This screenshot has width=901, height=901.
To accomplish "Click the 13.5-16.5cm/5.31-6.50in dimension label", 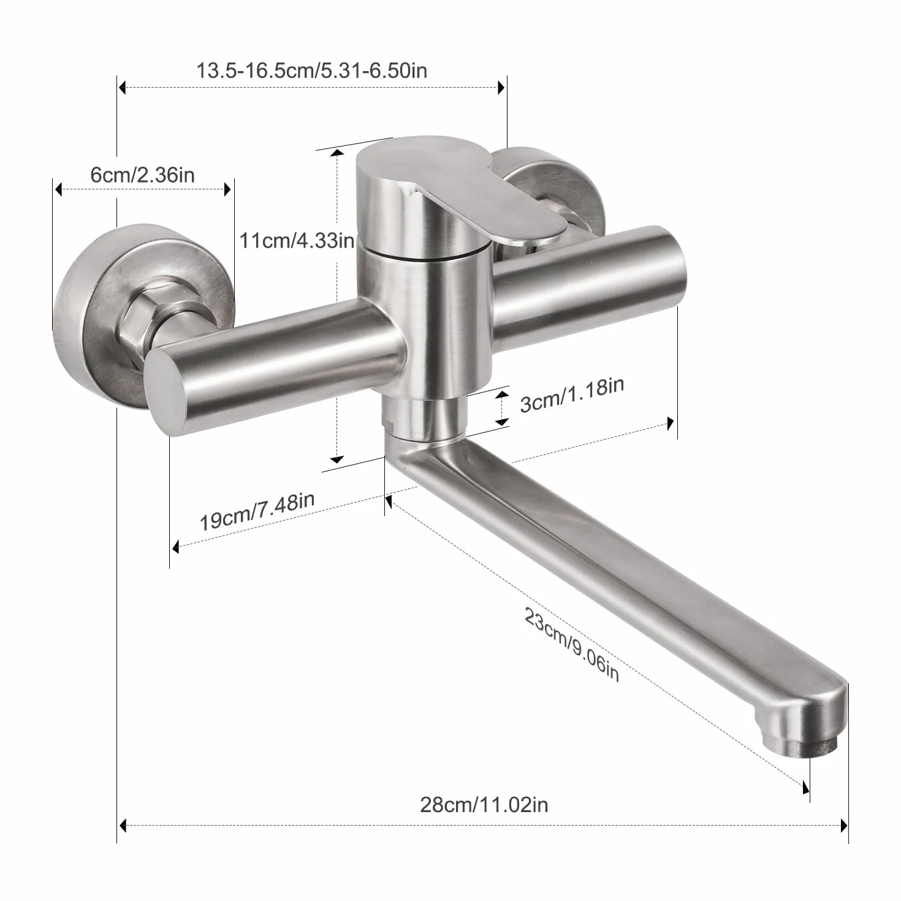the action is click(x=311, y=70).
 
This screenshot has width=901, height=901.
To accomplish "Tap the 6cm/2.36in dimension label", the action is click(x=142, y=175).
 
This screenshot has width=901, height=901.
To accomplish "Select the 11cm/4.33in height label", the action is click(x=297, y=240).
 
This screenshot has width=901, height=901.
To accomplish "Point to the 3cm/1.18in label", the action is click(x=572, y=395).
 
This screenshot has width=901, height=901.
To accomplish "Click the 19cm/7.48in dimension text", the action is click(x=257, y=512).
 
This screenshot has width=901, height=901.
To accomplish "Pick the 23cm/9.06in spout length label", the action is click(x=572, y=645).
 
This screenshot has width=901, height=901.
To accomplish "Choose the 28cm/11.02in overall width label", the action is click(x=484, y=805).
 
